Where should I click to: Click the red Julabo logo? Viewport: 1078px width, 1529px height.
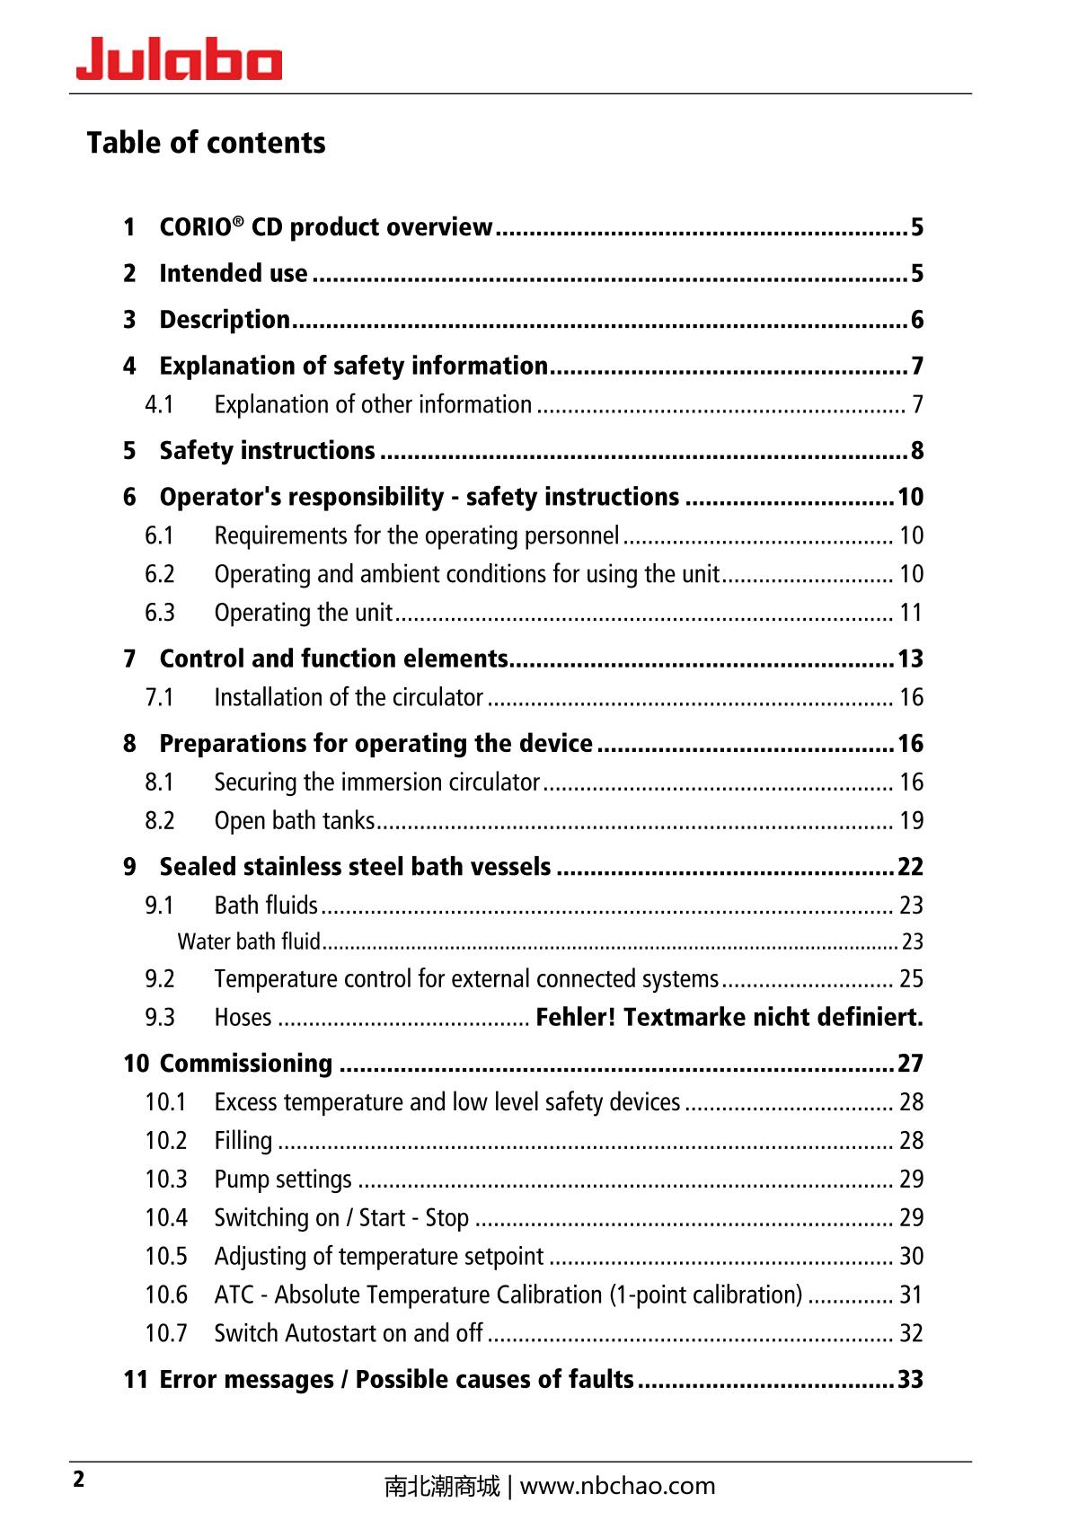click(179, 60)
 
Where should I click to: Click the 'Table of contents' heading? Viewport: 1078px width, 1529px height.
click(206, 143)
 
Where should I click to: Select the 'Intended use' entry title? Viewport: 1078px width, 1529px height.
click(233, 273)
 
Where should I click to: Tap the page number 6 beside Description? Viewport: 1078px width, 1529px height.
click(916, 320)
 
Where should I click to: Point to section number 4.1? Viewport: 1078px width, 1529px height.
click(159, 405)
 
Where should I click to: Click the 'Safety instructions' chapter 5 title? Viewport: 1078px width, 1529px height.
click(267, 451)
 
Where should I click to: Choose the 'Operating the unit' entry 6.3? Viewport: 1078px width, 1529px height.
click(303, 613)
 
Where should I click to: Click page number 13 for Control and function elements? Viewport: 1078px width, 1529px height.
click(910, 659)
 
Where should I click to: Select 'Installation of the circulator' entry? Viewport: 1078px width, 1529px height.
click(349, 698)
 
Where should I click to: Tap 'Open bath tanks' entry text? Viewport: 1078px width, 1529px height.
click(294, 821)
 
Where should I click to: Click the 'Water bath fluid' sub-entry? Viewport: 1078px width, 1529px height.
click(249, 941)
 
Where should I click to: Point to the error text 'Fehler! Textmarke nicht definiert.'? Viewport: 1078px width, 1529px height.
click(729, 1017)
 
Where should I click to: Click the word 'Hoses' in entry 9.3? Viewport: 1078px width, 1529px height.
click(243, 1018)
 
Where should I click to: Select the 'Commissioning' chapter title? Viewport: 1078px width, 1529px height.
click(245, 1064)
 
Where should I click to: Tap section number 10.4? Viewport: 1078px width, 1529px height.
click(166, 1218)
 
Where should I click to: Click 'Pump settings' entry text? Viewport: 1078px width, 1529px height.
click(283, 1180)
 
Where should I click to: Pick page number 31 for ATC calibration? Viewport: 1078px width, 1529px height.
click(911, 1295)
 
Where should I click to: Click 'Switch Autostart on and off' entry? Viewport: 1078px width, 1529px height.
click(349, 1334)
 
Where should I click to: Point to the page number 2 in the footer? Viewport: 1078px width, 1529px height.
click(79, 1480)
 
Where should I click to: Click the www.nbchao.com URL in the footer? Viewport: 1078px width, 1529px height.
click(617, 1487)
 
